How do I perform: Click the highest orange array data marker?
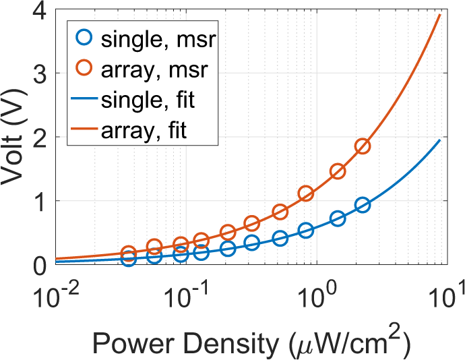coord(363,147)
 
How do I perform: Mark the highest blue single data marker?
coord(363,206)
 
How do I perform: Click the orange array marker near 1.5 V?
coord(338,171)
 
